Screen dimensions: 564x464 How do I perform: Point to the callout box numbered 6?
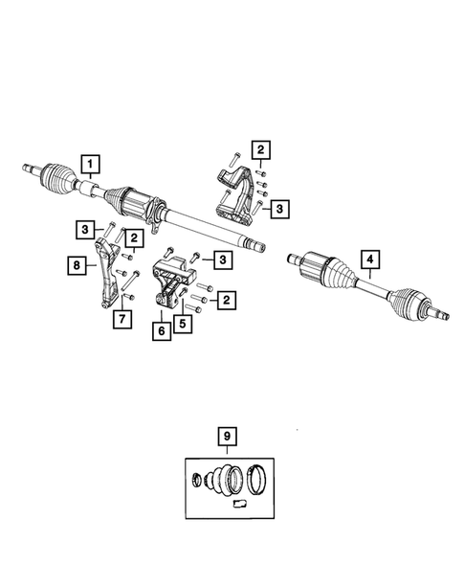point(162,328)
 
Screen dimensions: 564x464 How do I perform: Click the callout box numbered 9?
point(227,437)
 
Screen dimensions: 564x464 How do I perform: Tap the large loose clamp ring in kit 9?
point(261,476)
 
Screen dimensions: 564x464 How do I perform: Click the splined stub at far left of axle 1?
point(28,170)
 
